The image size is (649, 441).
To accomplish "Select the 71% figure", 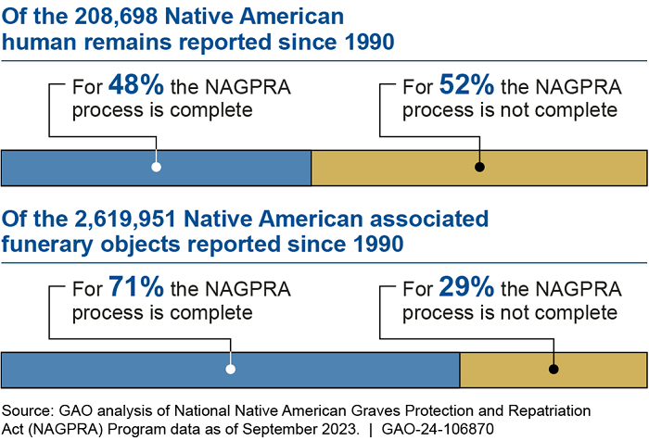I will [x=135, y=288].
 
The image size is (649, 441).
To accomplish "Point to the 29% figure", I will [x=467, y=288].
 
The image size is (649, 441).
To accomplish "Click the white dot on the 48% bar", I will [x=157, y=167].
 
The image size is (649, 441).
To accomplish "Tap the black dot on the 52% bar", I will [x=479, y=167].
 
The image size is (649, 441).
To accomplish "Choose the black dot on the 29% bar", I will [x=554, y=369].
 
